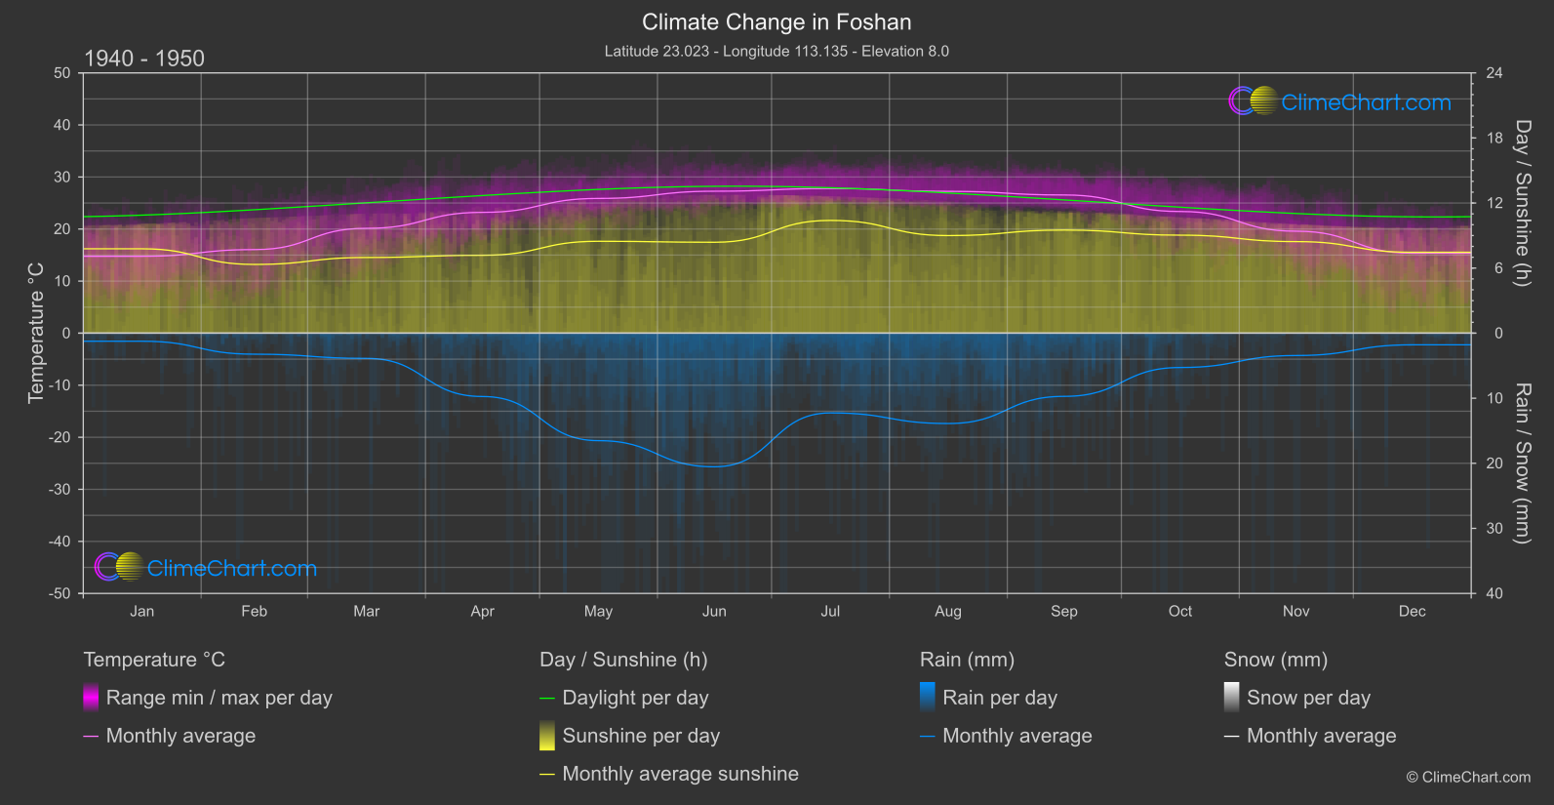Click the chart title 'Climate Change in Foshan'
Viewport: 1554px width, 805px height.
tap(777, 22)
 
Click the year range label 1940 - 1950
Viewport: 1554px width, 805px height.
tap(144, 59)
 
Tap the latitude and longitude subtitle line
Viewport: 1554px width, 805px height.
tap(777, 51)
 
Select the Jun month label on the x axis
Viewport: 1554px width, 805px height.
tap(714, 612)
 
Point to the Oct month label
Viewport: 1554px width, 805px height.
tap(1180, 612)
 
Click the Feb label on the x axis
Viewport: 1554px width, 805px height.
tap(254, 612)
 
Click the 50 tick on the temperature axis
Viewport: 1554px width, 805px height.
tap(62, 73)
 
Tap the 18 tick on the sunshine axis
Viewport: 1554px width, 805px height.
tap(1494, 139)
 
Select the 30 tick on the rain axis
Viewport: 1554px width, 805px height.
tap(1494, 529)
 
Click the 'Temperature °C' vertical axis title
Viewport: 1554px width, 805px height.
tap(36, 332)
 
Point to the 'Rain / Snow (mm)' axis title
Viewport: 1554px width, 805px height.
tap(1522, 463)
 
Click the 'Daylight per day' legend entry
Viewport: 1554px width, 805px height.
tap(635, 698)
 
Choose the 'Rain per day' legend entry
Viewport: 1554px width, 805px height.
tap(999, 698)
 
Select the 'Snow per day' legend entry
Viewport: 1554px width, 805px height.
tap(1308, 698)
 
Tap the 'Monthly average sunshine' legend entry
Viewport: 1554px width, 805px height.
tap(680, 774)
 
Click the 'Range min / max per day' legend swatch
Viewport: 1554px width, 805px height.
tap(91, 698)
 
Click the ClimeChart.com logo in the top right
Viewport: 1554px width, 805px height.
tap(1339, 101)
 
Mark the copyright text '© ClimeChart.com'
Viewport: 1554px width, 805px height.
tap(1468, 777)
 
